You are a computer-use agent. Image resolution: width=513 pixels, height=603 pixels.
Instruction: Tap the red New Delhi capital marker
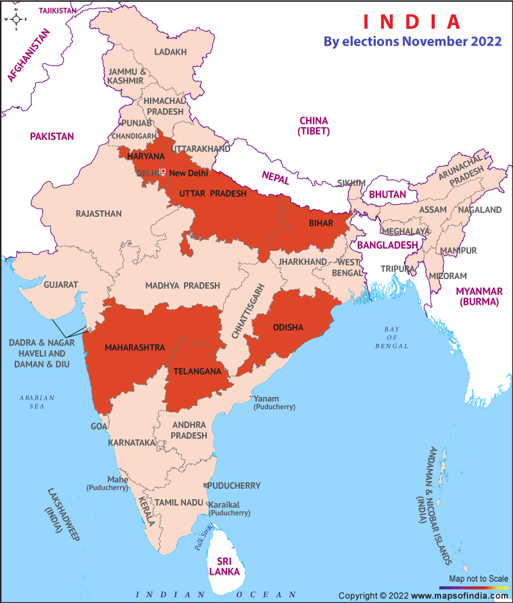pyautogui.click(x=163, y=171)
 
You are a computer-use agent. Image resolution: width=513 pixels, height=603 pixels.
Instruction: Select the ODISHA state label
pyautogui.click(x=288, y=328)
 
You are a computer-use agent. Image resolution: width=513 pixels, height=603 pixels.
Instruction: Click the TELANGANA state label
pyautogui.click(x=198, y=371)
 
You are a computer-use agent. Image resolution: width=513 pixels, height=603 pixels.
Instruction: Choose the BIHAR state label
pyautogui.click(x=321, y=223)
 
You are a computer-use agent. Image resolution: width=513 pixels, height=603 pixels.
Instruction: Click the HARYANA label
pyautogui.click(x=146, y=157)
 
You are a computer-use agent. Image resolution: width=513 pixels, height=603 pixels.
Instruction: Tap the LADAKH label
pyautogui.click(x=171, y=52)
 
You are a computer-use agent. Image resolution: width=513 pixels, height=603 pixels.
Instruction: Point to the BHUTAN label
pyautogui.click(x=387, y=194)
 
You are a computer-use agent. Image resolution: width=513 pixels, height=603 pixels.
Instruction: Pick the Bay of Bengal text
pyautogui.click(x=391, y=337)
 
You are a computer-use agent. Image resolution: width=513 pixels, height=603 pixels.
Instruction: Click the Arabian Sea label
pyautogui.click(x=37, y=402)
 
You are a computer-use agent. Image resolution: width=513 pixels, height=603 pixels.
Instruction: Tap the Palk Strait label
pyautogui.click(x=205, y=538)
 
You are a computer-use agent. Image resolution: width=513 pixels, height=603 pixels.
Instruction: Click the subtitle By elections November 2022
pyautogui.click(x=412, y=42)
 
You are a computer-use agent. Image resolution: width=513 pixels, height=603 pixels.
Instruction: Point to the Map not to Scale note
pyautogui.click(x=478, y=578)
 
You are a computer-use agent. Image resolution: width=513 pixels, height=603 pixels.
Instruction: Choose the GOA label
pyautogui.click(x=99, y=426)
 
